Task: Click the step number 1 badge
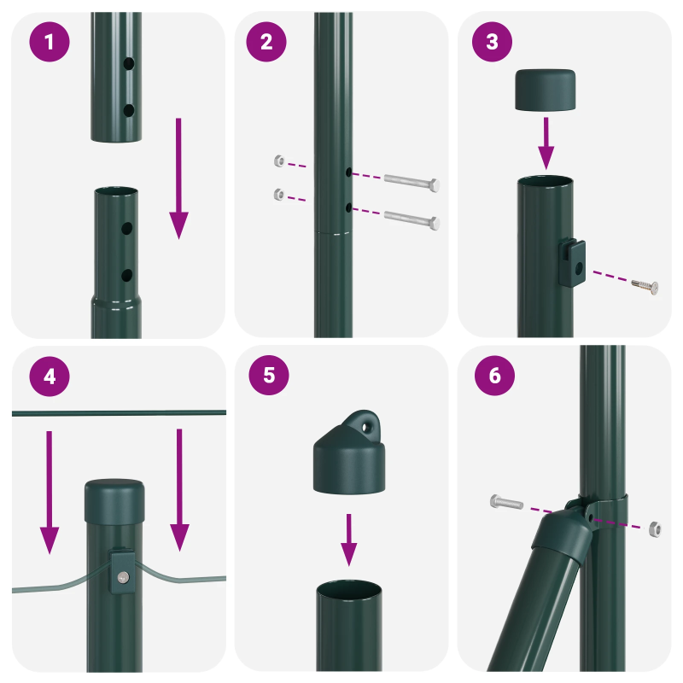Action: [x=50, y=42]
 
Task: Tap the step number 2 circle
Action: [x=266, y=42]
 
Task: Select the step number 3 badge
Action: [x=492, y=42]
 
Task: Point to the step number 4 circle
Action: [x=50, y=377]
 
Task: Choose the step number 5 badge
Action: [x=266, y=377]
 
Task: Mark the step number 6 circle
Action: [x=492, y=377]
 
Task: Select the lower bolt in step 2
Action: [x=412, y=219]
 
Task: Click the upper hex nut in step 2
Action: [x=277, y=161]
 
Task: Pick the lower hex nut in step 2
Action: [x=277, y=195]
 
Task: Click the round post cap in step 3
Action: [x=546, y=90]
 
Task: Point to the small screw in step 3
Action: [x=647, y=286]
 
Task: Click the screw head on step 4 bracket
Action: [x=123, y=577]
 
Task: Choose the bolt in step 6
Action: [x=507, y=503]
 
